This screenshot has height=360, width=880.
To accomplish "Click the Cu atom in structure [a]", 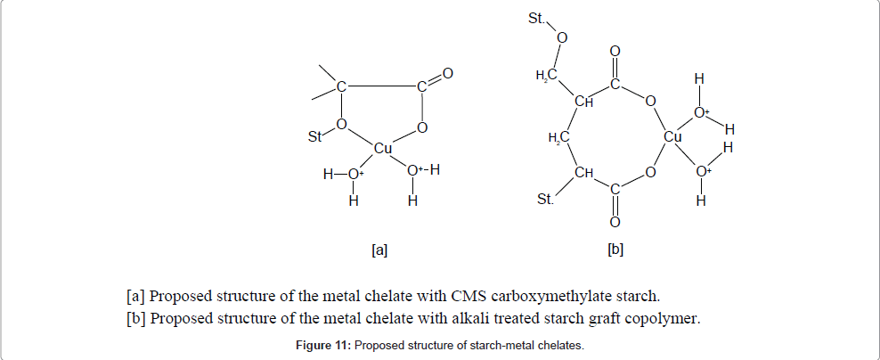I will click(383, 149).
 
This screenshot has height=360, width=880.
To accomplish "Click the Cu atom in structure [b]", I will click(673, 136).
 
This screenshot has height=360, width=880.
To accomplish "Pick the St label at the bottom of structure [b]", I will click(545, 200).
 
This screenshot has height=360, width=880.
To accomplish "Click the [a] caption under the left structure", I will click(379, 250).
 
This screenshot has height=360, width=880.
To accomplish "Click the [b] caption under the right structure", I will click(615, 250).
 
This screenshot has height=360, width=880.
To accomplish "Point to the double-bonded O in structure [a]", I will click(447, 73).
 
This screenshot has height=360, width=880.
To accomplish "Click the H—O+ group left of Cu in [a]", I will click(344, 174).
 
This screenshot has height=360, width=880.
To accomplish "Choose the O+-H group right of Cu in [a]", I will click(424, 170).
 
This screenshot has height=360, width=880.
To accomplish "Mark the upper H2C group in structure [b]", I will click(546, 76).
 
